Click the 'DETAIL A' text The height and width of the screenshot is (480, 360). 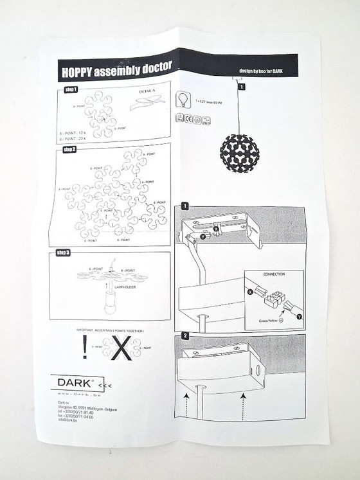click(x=147, y=93)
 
